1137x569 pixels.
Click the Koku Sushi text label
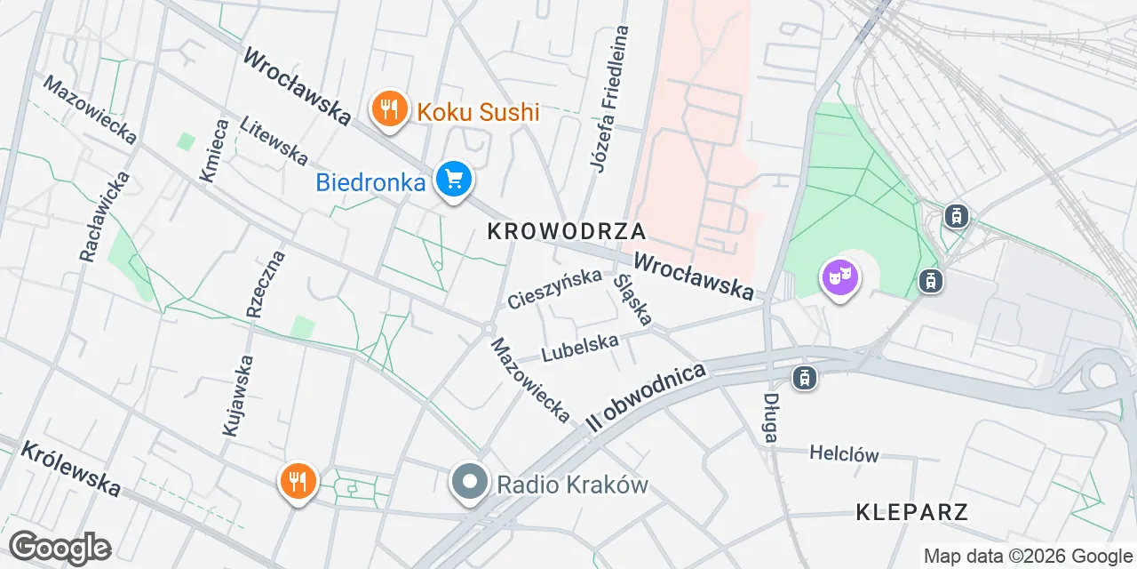(x=478, y=112)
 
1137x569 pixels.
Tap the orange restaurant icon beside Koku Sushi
(x=387, y=110)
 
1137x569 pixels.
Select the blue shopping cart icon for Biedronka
(x=454, y=180)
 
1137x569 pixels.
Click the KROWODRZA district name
(x=566, y=231)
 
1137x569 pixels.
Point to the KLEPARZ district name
(x=911, y=511)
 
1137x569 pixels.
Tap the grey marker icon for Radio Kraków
(x=469, y=483)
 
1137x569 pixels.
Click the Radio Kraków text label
(x=573, y=485)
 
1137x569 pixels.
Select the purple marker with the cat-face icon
(x=840, y=278)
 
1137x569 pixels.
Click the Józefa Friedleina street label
(x=609, y=98)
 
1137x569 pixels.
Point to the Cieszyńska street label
(x=554, y=289)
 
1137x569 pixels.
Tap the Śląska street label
(x=633, y=299)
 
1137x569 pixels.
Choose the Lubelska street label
(x=579, y=348)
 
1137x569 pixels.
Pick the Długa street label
(x=771, y=418)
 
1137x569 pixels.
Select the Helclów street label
(x=844, y=453)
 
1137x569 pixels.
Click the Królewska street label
(x=70, y=468)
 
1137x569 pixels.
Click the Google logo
(x=60, y=548)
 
